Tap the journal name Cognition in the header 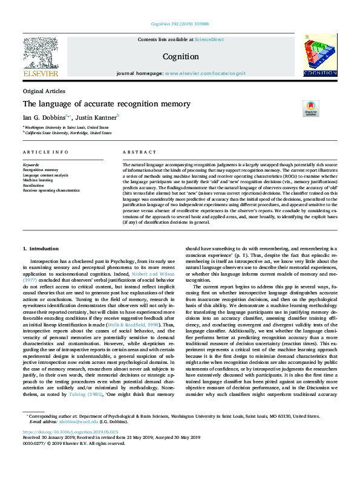(181, 57)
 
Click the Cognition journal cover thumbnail (319, 56)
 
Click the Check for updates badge (311, 109)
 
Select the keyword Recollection (35, 185)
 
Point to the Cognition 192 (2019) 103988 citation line (180, 25)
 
